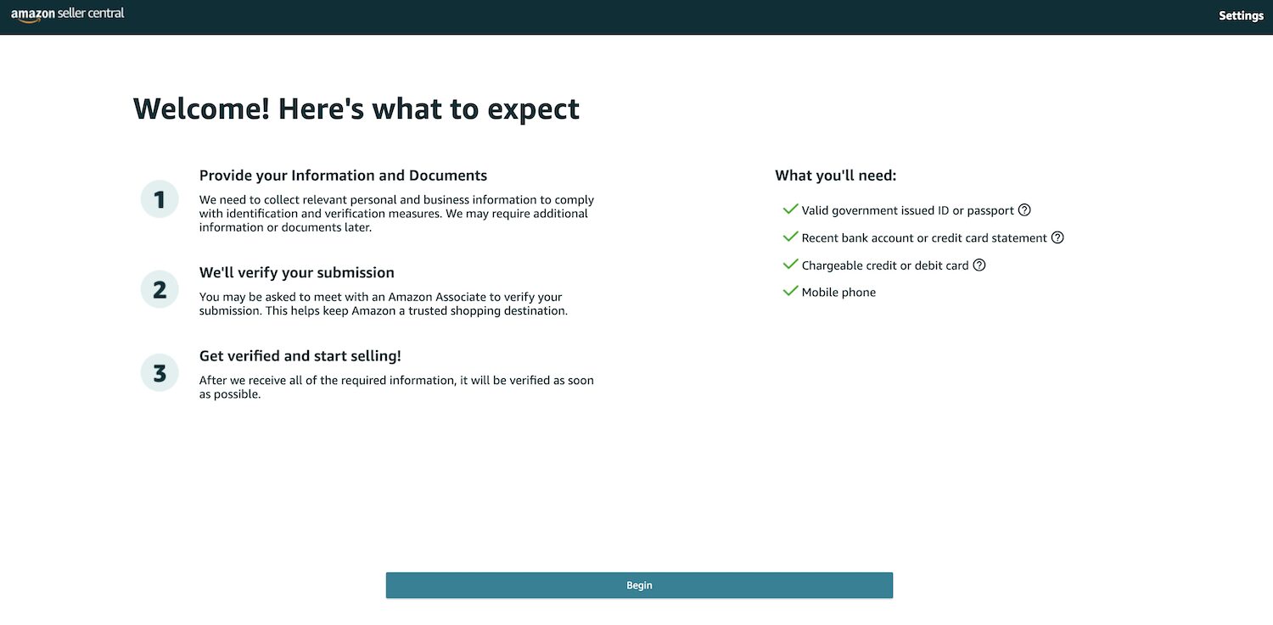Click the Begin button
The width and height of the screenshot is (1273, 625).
point(639,585)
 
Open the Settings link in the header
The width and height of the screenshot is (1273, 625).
point(1241,16)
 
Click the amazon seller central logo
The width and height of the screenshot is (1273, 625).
point(67,14)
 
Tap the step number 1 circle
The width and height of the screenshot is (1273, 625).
point(160,199)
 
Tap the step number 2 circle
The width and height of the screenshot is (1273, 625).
point(160,289)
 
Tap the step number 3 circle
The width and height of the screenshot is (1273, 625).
point(160,373)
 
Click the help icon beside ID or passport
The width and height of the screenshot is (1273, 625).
point(1024,210)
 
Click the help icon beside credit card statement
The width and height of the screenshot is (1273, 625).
point(1057,237)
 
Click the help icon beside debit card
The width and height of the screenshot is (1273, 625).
point(979,265)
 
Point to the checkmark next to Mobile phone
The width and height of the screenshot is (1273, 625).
point(790,291)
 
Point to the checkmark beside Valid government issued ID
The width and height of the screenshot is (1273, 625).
point(790,209)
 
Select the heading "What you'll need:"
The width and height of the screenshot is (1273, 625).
point(835,176)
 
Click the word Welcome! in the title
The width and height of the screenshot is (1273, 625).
point(201,109)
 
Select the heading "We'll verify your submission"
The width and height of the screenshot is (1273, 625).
point(297,272)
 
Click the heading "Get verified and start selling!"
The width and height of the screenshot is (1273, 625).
point(300,356)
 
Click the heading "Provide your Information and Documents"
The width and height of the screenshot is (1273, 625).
point(343,176)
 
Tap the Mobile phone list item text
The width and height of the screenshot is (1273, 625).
point(838,293)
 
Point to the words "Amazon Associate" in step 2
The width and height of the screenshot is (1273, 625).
point(437,297)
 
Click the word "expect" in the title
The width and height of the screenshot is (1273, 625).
point(533,109)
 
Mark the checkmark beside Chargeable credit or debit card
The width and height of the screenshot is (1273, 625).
point(790,265)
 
